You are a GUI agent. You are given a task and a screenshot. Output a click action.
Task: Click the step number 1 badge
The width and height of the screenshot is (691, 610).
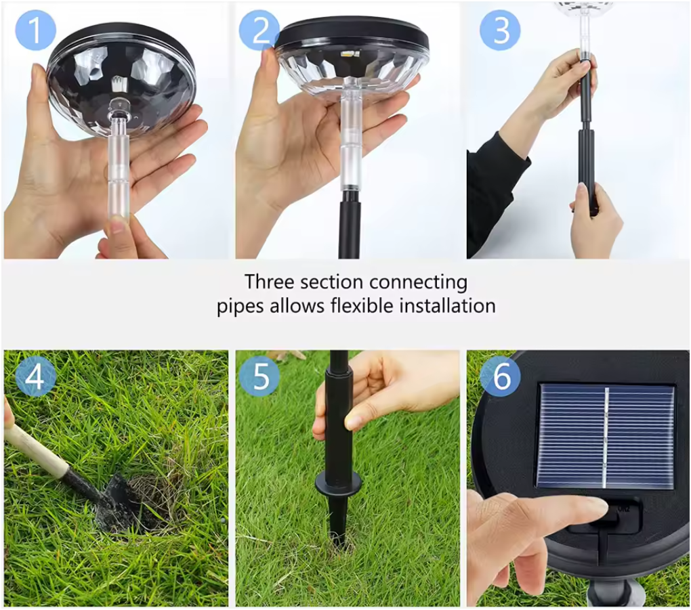pyautogui.click(x=35, y=30)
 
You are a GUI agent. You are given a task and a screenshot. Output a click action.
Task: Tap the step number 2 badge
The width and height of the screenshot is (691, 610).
pyautogui.click(x=259, y=30)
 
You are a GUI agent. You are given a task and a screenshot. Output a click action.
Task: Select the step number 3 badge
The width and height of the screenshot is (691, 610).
pyautogui.click(x=500, y=30)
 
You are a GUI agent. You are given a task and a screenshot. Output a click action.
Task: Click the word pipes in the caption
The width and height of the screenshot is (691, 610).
pyautogui.click(x=240, y=307)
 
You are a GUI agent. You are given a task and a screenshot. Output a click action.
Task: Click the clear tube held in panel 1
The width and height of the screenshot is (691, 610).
pyautogui.click(x=118, y=167)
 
